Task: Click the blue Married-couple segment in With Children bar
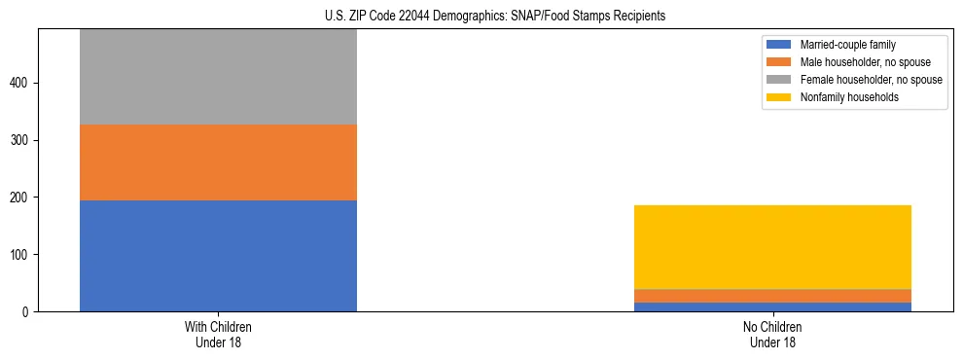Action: pos(218,256)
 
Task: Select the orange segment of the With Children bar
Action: pos(218,162)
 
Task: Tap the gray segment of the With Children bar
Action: pos(218,77)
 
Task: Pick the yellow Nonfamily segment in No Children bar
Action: pos(772,247)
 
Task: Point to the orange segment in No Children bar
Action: pos(772,296)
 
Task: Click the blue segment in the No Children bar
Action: pos(772,307)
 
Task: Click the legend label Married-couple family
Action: pos(848,45)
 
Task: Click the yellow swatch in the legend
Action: pos(779,97)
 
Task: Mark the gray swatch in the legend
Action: pos(779,80)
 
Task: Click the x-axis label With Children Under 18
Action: pos(218,335)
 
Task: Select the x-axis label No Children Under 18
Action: pos(772,335)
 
